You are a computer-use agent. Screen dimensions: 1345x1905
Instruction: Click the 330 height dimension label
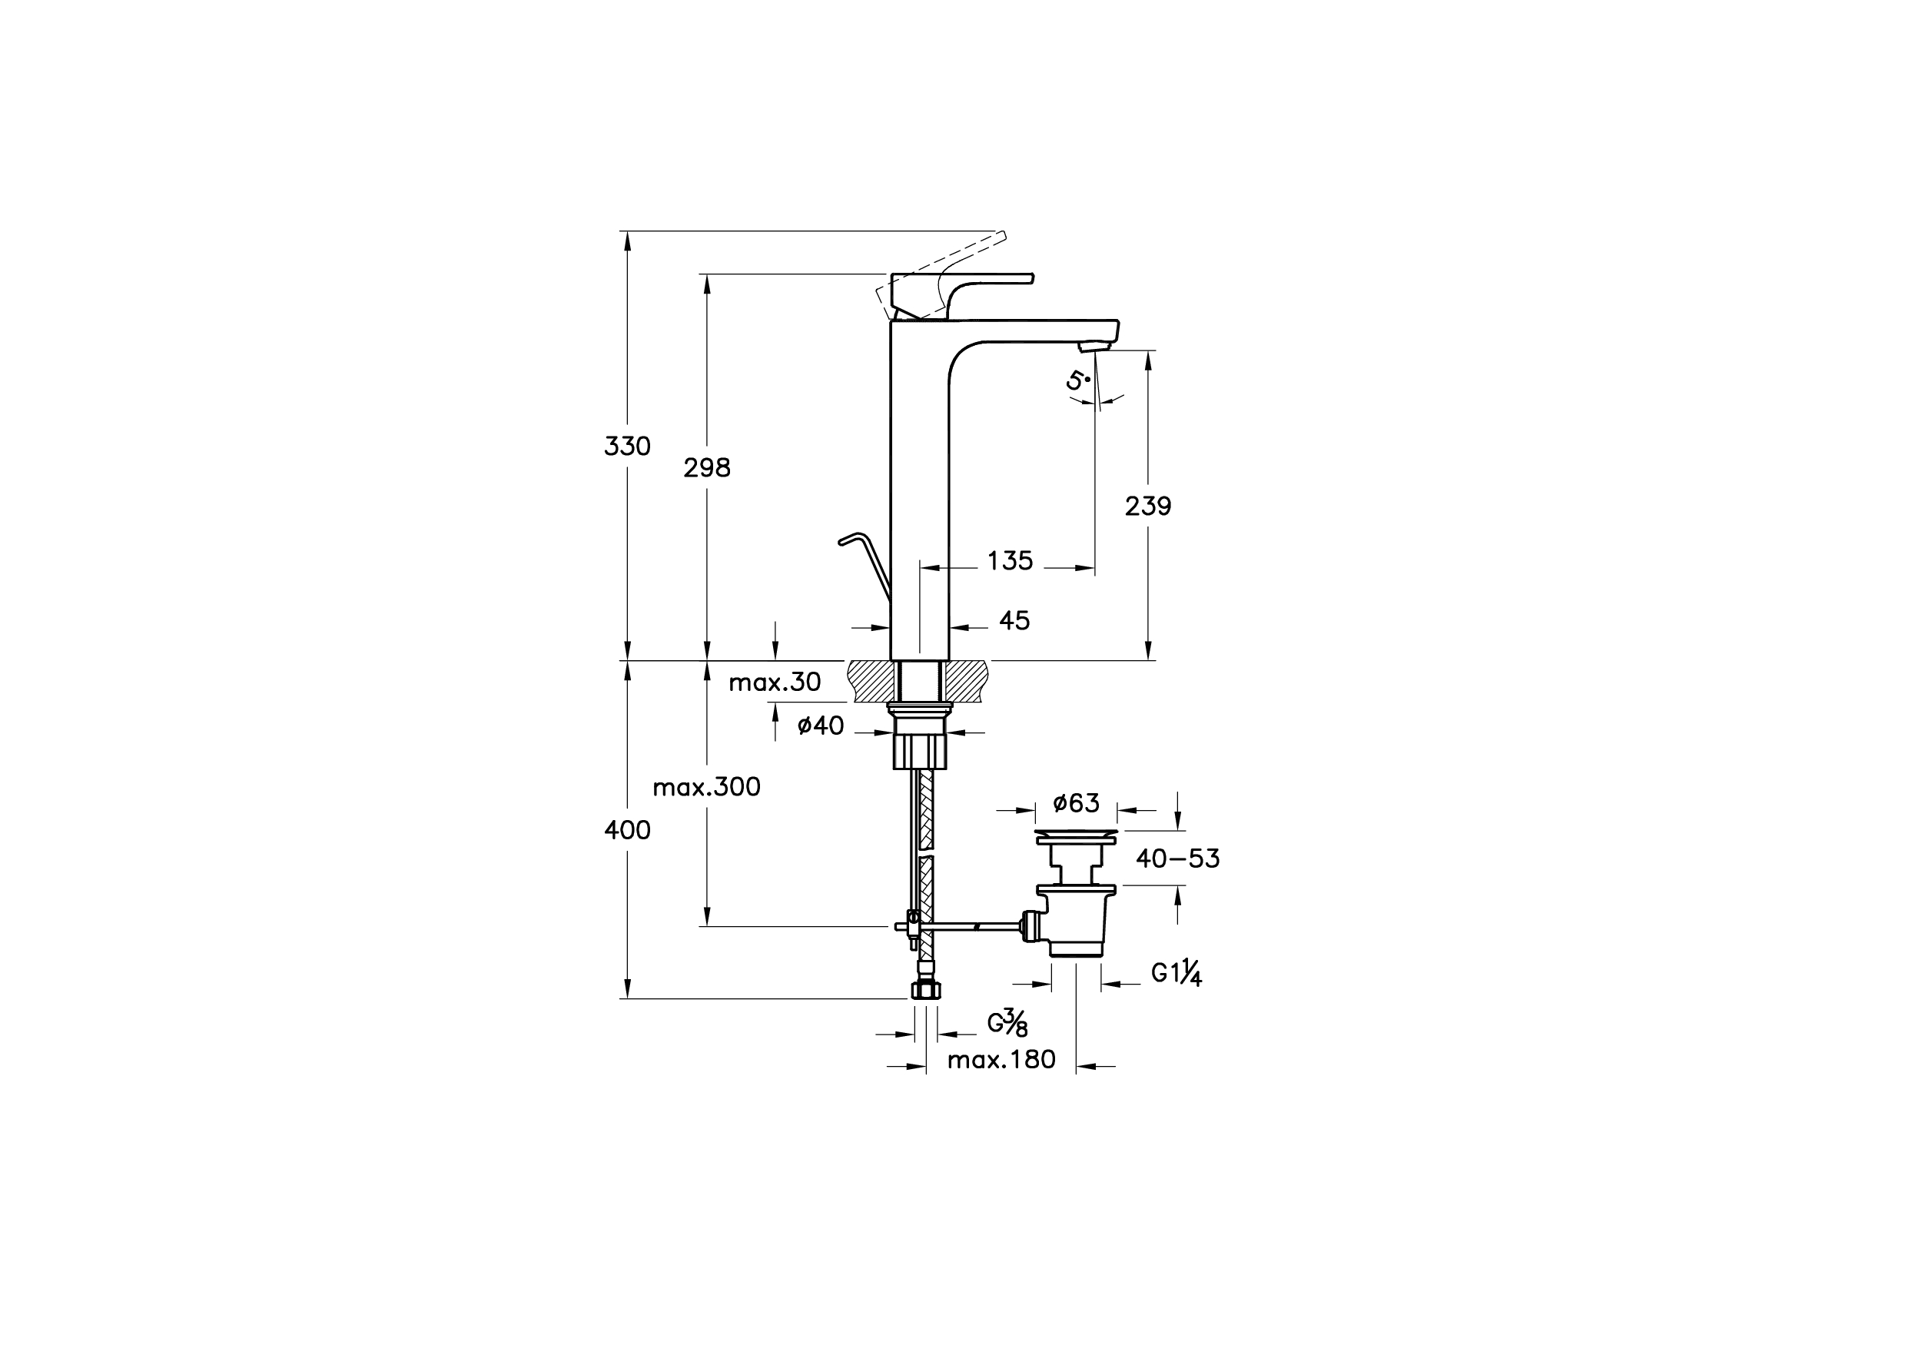(627, 447)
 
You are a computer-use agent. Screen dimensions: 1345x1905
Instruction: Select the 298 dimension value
(707, 468)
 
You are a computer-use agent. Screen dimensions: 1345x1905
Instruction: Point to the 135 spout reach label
(1010, 561)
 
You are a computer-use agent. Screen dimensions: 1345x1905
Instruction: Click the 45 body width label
(1014, 621)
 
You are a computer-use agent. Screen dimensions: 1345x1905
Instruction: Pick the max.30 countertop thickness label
(774, 682)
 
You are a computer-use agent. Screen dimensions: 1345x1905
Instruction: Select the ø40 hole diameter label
(820, 726)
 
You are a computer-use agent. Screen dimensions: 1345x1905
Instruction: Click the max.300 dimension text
(706, 786)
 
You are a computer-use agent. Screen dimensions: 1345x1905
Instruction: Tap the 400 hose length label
(627, 830)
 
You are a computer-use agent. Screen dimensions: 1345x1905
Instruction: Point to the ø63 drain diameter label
(1076, 803)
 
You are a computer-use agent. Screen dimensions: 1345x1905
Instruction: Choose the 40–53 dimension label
(1177, 858)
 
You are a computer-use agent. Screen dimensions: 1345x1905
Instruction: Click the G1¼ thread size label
(1177, 972)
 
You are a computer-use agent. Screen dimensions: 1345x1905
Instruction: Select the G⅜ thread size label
(1007, 1023)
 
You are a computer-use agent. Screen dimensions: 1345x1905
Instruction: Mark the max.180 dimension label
(1001, 1060)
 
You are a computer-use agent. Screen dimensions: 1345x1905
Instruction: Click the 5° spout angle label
(1076, 381)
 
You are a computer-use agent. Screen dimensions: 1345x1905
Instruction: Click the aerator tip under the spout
(1094, 347)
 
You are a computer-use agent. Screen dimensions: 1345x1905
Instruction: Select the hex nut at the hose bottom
(926, 990)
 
